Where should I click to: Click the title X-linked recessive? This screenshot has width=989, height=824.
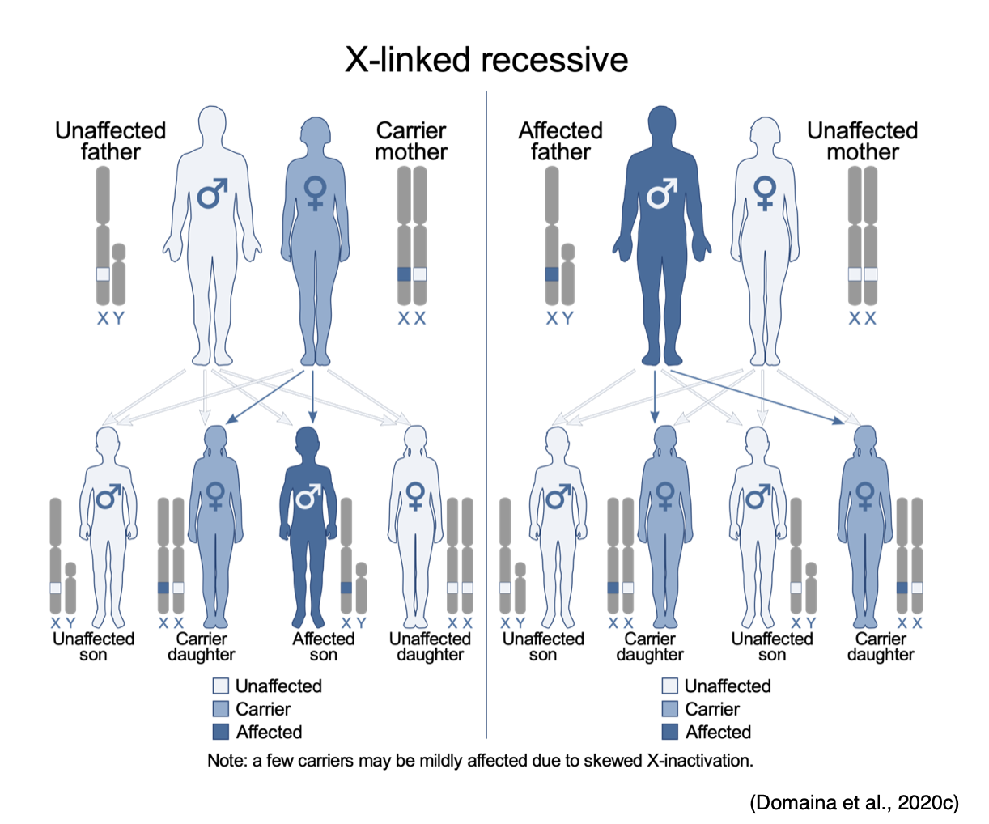pos(486,60)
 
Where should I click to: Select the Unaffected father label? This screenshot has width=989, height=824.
pos(110,142)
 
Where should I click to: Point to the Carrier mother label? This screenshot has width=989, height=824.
pos(411,142)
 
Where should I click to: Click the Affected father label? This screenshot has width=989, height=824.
pos(560,142)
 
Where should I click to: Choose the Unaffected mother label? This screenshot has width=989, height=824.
pos(863,142)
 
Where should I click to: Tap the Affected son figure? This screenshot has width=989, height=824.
pos(308,526)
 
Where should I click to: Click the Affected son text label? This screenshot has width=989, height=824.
pos(324,647)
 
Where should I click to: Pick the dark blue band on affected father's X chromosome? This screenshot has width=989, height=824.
pos(552,274)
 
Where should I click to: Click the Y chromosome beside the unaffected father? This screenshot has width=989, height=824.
pos(119,275)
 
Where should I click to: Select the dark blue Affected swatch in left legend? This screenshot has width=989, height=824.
pos(220,732)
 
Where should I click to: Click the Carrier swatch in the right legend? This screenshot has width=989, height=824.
pos(669,709)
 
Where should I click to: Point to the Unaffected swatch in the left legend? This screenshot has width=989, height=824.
pos(220,686)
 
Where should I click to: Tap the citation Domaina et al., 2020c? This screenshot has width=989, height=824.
pos(854,802)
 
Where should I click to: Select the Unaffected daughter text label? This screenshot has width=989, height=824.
pos(430,647)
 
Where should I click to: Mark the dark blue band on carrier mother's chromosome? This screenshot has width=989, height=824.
pos(405,274)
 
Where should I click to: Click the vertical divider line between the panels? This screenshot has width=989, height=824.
pos(486,405)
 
